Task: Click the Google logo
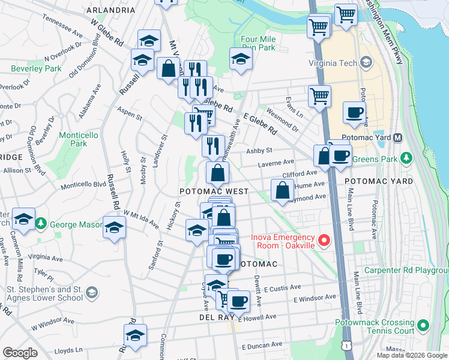point(20,353)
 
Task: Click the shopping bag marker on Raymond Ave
point(282,191)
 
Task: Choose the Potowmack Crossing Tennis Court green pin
point(423,326)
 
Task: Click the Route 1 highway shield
point(346,346)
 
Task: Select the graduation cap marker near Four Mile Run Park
point(241,59)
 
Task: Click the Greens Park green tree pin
point(408,158)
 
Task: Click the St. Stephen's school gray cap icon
point(91,292)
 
